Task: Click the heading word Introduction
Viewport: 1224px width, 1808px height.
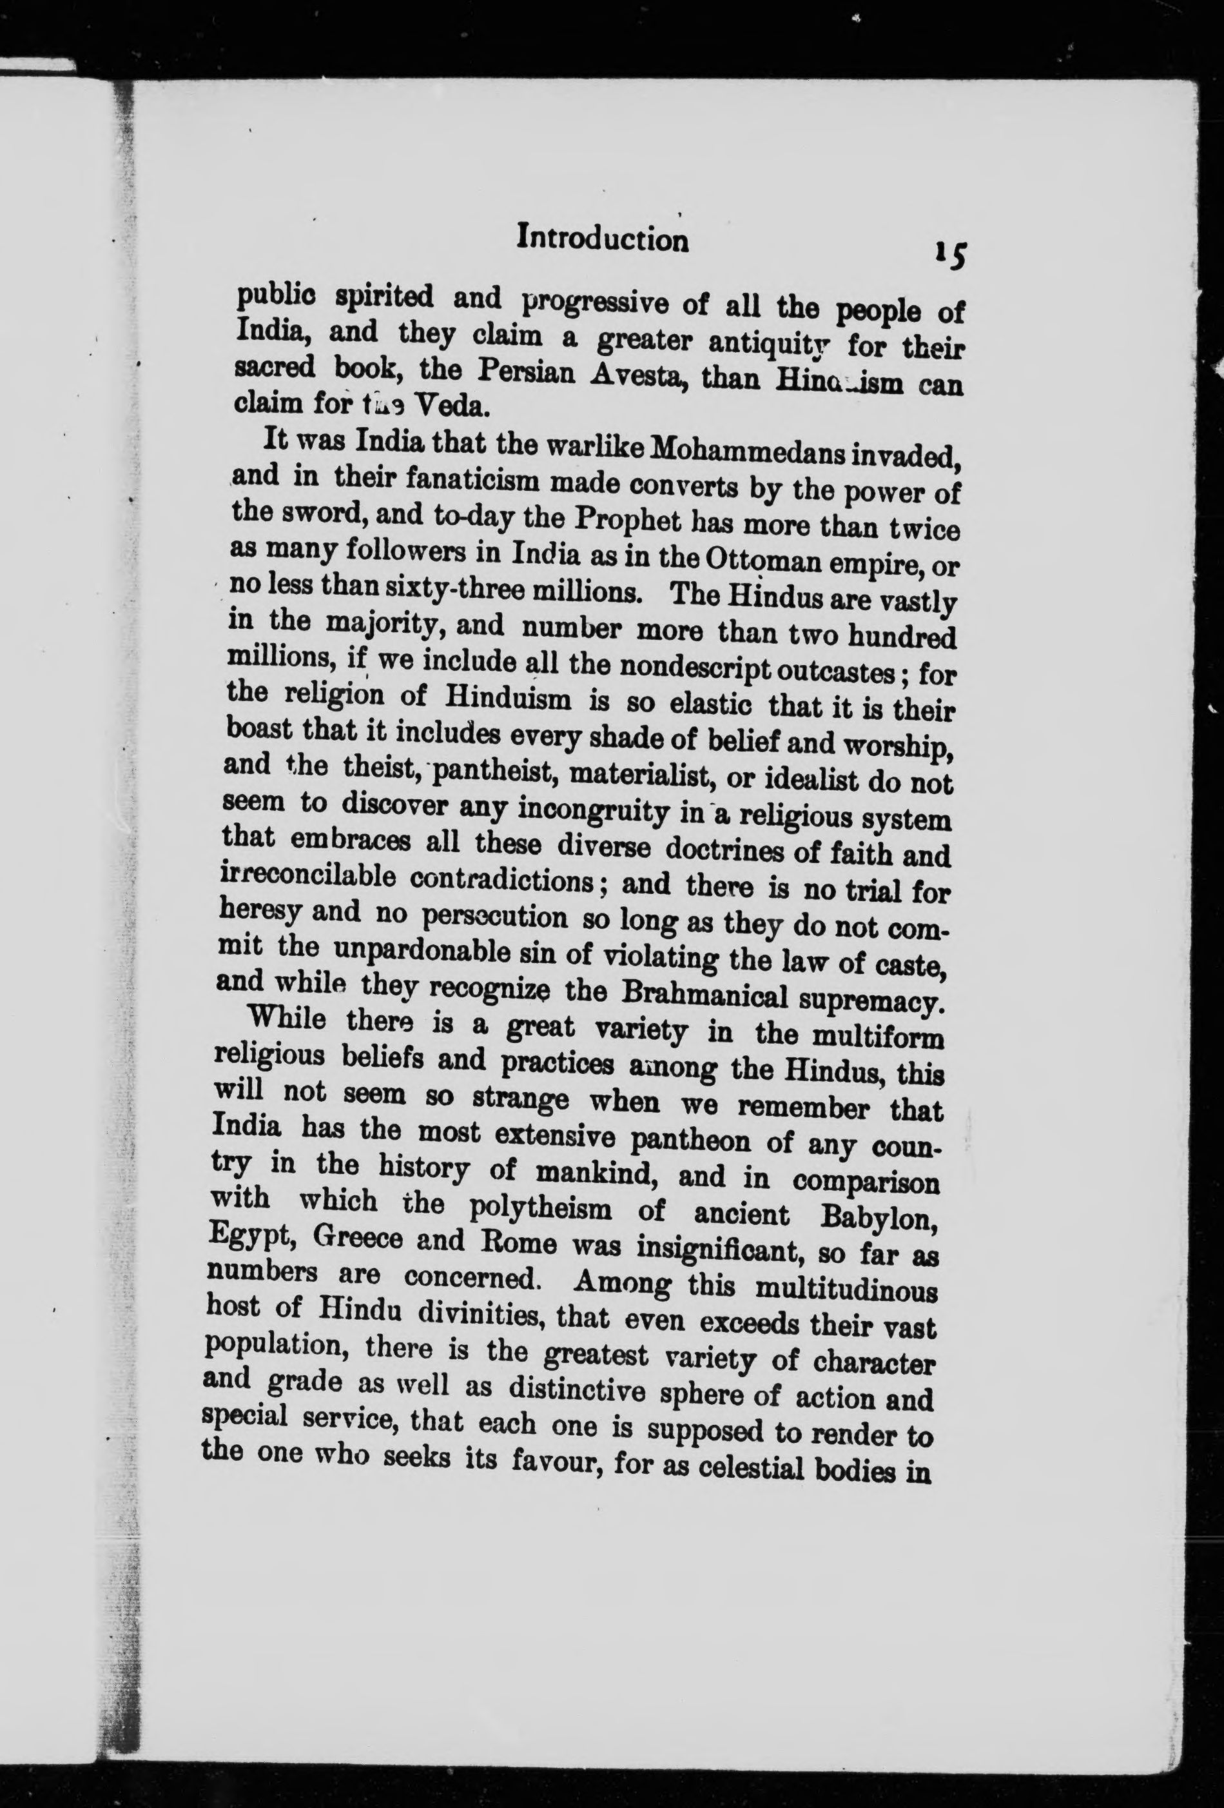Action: (x=603, y=239)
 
